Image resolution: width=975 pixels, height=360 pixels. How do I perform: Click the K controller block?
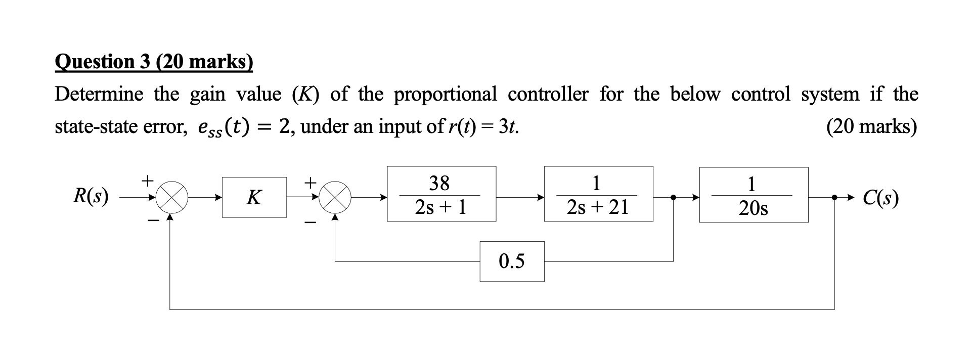coord(254,197)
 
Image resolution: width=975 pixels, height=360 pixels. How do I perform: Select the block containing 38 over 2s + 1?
coord(441,194)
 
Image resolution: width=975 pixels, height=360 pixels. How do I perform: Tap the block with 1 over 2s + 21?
coord(598,194)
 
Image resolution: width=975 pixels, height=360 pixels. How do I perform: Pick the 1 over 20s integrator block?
coord(754,195)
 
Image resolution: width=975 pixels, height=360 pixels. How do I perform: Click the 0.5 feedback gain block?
coord(512,261)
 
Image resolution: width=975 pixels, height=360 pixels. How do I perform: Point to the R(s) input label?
coord(91,196)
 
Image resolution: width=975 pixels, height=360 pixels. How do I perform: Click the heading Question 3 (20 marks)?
coord(154,62)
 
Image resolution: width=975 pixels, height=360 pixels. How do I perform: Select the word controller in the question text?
coord(548,94)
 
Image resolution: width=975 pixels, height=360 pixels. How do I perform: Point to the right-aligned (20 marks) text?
coord(871,126)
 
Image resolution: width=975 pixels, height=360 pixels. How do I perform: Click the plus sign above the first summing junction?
coord(147,179)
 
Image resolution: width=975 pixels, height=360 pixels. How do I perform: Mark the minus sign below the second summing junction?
coord(312,221)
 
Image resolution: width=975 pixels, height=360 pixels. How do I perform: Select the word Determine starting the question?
coord(99,94)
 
